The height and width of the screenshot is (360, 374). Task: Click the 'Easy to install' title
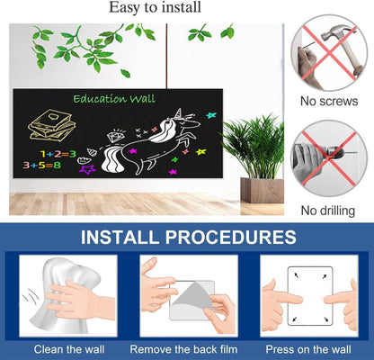pos(155,7)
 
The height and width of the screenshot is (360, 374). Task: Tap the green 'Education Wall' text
pos(114,99)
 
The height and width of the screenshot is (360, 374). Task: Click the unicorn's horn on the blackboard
pos(180,112)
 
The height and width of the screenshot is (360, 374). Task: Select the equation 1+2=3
pos(58,154)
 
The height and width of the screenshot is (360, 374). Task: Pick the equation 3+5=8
pos(42,165)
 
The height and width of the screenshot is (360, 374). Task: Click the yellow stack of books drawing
pos(51,125)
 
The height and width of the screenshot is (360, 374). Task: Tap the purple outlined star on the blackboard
pos(87,169)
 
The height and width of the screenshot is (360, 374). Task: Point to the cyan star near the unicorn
pos(211,115)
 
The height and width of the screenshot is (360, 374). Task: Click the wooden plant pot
pos(262,190)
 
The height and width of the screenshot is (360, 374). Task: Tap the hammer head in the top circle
pos(336,35)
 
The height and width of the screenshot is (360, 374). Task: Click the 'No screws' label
pos(329,101)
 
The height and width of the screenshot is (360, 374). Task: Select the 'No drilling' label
pos(328,211)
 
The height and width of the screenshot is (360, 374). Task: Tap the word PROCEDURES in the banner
pos(231,237)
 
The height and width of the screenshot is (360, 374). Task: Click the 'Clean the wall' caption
pos(69,349)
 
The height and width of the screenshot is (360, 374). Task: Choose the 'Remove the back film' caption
pos(183,349)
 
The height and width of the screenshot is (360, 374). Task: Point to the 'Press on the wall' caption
pos(308,349)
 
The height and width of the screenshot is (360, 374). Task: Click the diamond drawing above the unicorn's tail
pos(114,137)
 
